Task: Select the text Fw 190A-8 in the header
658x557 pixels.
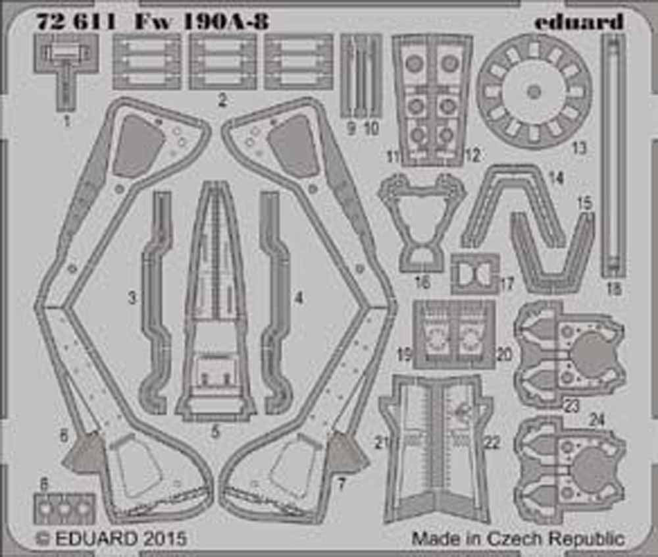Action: (200, 21)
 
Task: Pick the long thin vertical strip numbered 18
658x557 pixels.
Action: (613, 155)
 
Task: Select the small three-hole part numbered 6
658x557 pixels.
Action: (64, 509)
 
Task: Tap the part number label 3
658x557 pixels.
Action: (132, 298)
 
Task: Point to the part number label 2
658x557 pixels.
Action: (222, 100)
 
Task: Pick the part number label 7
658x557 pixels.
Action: (342, 485)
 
